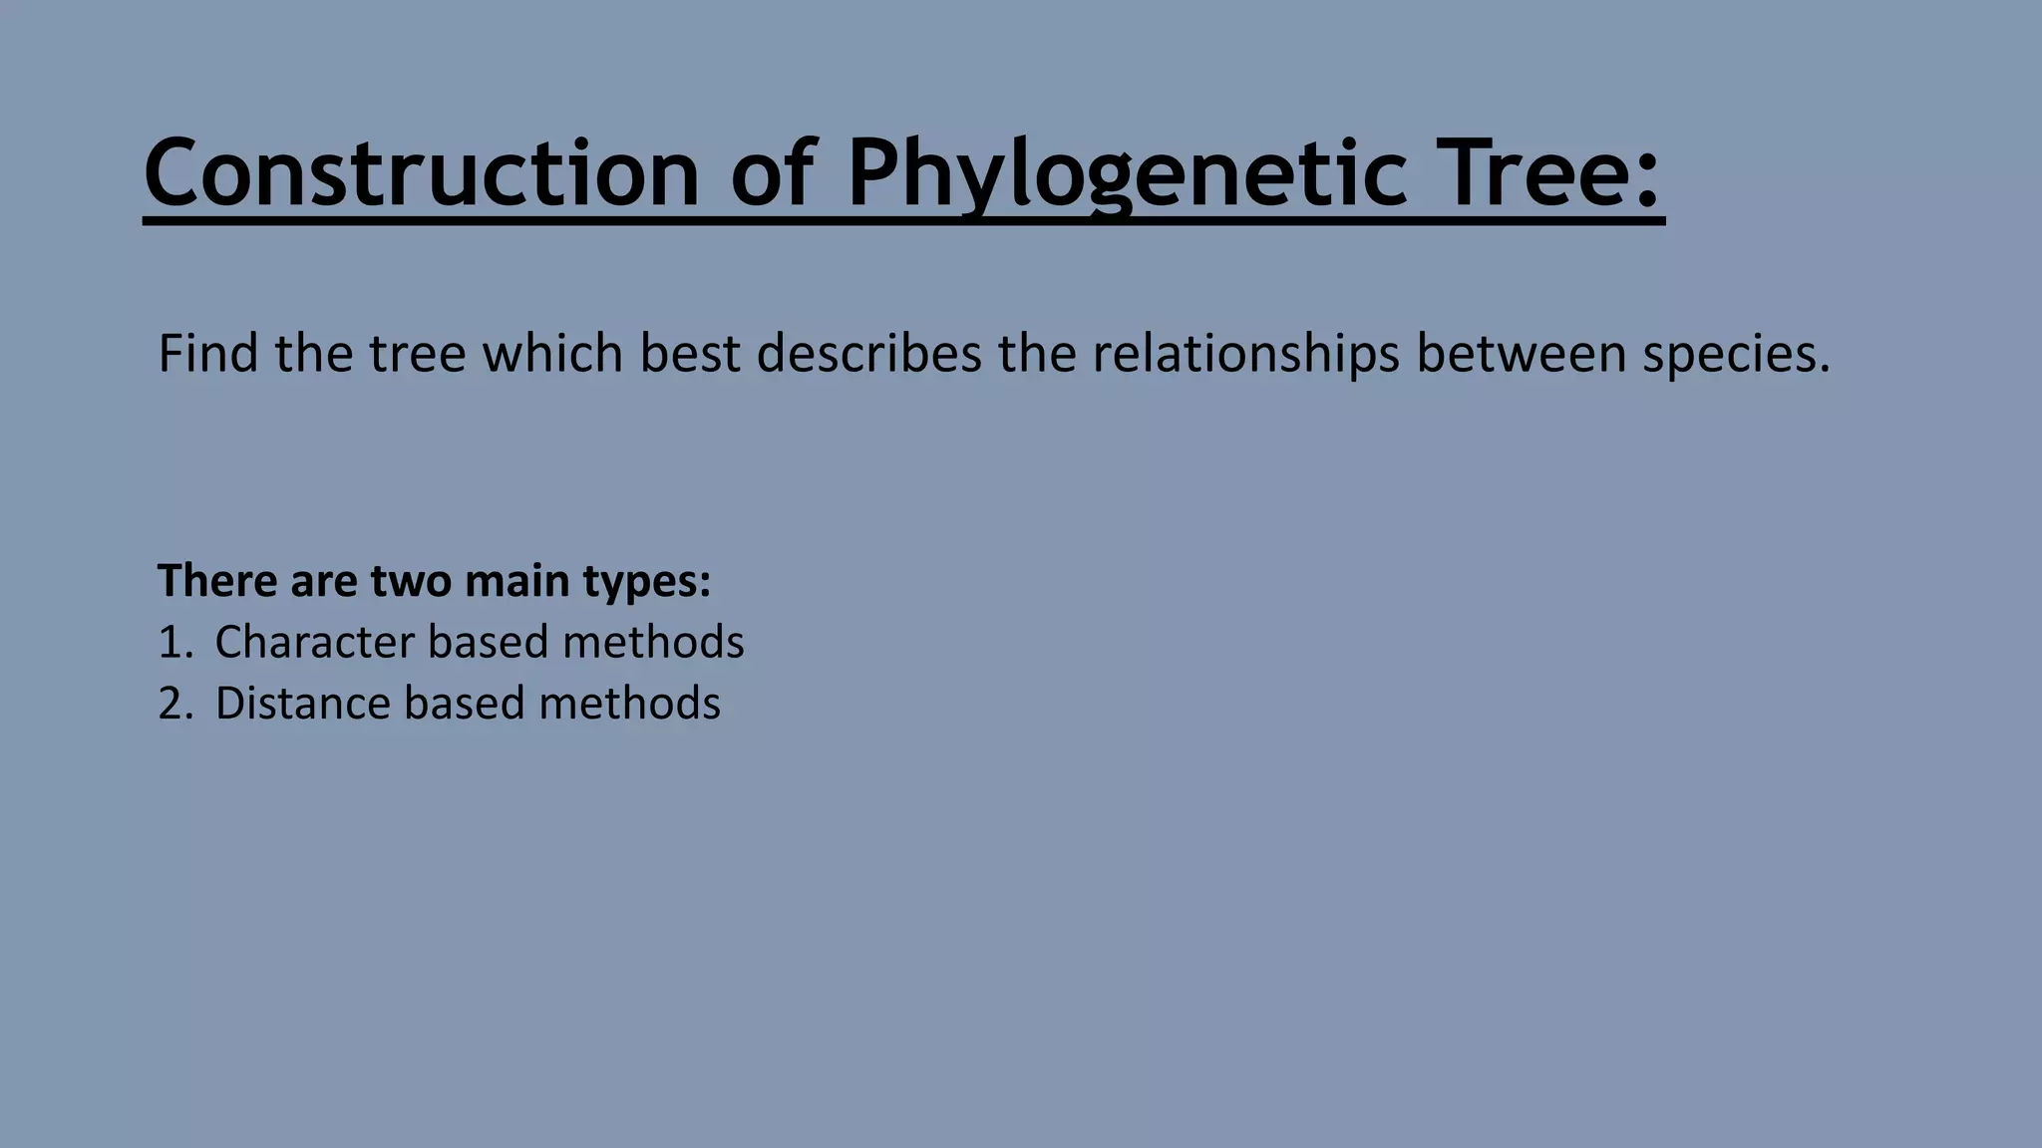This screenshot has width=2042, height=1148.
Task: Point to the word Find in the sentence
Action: pos(207,354)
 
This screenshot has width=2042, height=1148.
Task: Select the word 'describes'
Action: pos(868,354)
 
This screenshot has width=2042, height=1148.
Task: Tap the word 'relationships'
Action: pos(1245,354)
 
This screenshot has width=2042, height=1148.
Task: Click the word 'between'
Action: pos(1521,354)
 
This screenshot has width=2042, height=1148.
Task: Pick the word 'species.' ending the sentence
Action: pos(1736,354)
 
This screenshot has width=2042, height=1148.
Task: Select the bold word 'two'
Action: pos(410,581)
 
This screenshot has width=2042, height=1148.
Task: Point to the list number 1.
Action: pos(171,643)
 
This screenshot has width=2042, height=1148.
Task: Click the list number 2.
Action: pos(172,704)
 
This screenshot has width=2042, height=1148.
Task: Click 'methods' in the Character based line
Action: pos(653,643)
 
